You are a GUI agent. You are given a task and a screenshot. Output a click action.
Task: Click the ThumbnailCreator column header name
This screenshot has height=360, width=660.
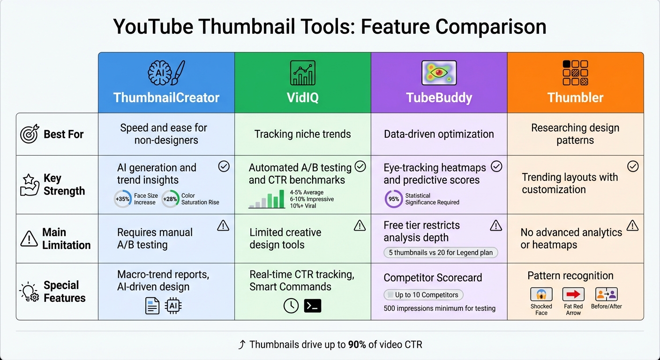tap(166, 97)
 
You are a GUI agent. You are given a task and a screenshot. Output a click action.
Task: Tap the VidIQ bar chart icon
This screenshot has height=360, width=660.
tap(302, 73)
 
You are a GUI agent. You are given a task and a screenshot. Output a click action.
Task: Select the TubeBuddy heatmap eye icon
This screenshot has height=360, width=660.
tap(439, 73)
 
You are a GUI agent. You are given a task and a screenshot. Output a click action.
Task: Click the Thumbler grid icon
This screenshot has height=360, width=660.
tap(575, 73)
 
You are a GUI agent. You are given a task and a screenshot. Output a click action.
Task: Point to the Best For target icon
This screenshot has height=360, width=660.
tap(30, 135)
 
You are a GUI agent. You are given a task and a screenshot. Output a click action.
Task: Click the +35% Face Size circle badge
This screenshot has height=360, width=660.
tap(123, 199)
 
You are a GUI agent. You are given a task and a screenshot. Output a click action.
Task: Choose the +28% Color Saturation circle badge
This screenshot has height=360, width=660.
tap(170, 199)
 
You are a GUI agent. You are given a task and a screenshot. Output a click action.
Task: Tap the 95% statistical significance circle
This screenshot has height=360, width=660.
tap(393, 199)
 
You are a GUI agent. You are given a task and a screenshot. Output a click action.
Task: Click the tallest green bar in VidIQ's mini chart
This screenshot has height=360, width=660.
tap(281, 199)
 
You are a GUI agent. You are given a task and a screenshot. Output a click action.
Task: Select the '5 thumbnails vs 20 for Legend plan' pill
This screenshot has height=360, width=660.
tap(441, 253)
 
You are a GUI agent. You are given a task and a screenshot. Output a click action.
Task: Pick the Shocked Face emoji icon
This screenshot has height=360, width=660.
tap(541, 294)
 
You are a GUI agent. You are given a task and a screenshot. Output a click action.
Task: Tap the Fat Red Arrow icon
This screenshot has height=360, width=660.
tap(573, 294)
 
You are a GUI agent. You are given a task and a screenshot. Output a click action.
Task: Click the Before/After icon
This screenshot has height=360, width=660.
tap(606, 294)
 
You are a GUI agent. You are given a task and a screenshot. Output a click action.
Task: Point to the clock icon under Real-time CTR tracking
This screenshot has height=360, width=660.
tap(291, 306)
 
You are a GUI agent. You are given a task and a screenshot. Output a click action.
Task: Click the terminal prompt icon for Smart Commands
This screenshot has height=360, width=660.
tap(313, 306)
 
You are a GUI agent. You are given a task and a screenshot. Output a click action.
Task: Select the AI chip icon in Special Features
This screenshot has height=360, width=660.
tap(173, 306)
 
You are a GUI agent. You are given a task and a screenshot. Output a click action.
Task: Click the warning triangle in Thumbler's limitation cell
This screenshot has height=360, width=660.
tap(632, 226)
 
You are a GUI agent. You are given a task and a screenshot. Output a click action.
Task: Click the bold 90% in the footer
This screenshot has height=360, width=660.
tap(357, 345)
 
